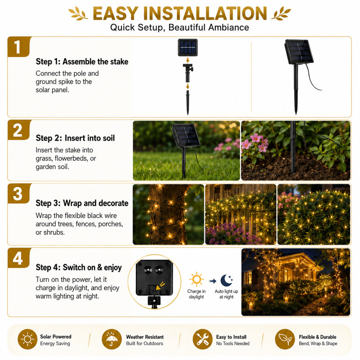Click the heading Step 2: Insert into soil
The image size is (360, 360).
click(x=75, y=138)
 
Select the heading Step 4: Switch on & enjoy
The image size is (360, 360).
click(x=78, y=267)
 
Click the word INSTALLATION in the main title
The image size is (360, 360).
click(x=205, y=13)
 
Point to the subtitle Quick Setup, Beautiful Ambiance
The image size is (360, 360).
click(x=180, y=27)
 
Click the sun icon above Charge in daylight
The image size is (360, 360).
click(x=197, y=279)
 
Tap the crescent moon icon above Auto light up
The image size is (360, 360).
click(x=227, y=280)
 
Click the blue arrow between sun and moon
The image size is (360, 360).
click(x=212, y=281)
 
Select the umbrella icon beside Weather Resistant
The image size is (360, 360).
click(x=112, y=339)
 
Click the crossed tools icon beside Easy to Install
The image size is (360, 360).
click(x=202, y=339)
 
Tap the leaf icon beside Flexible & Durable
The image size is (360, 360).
click(x=285, y=339)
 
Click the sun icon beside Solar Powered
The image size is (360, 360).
click(x=27, y=339)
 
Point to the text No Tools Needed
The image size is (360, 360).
click(x=233, y=343)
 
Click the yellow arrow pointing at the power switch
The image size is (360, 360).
click(x=160, y=286)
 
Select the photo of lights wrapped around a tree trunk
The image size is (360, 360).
click(x=168, y=214)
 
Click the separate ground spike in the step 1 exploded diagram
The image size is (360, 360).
click(x=188, y=103)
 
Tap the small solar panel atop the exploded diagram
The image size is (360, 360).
click(x=188, y=48)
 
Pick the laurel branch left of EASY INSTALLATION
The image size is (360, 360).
click(x=78, y=13)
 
